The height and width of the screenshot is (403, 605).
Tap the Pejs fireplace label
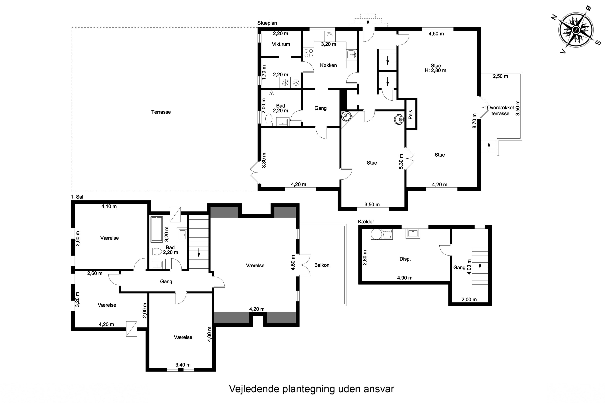(x=411, y=115)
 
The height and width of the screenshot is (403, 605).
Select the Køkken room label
(x=328, y=65)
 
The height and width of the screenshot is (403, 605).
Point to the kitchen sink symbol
(x=351, y=54)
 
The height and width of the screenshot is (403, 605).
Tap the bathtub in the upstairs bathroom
(x=157, y=230)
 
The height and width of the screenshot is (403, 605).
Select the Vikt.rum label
(x=281, y=44)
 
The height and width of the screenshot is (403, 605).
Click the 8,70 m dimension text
(x=474, y=121)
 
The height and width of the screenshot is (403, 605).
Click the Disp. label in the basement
(x=405, y=259)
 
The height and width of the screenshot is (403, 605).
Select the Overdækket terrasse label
(x=500, y=110)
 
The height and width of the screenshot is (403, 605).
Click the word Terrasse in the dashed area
(x=161, y=112)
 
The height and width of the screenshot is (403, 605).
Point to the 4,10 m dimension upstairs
(x=109, y=206)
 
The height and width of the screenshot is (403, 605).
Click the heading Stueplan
(x=267, y=23)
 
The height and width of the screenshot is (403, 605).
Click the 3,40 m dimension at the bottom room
(x=183, y=365)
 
